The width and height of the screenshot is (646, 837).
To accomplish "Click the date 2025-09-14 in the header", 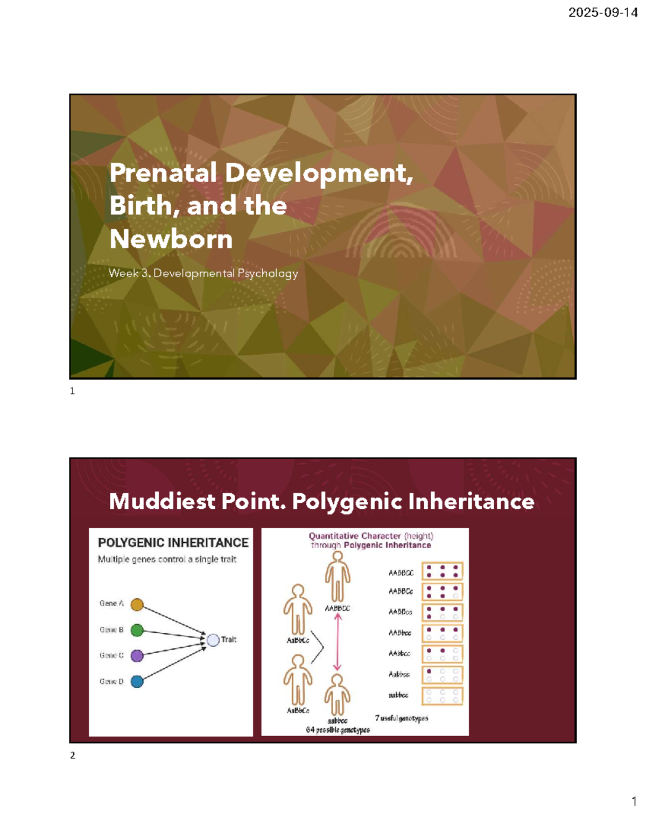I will (602, 13).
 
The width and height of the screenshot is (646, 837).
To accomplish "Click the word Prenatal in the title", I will (163, 173).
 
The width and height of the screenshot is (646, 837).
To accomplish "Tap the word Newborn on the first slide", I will (171, 239).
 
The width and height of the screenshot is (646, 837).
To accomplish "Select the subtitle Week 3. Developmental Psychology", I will (203, 273).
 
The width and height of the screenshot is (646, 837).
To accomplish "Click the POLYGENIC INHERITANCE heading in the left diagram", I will (173, 543).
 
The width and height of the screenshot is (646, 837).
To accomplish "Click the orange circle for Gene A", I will (137, 605).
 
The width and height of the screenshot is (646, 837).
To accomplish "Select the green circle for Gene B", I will (137, 630).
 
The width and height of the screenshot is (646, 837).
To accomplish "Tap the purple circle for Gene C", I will (137, 656).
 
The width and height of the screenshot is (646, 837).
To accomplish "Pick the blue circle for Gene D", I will (137, 682).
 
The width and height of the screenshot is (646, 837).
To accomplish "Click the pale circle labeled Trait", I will (213, 640).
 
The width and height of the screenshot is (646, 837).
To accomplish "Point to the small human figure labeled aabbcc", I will (338, 695).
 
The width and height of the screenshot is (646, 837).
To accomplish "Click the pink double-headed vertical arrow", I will (338, 642).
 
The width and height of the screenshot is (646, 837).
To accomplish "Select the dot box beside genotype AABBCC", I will (442, 571).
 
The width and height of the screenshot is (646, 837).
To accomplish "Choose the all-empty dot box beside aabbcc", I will (442, 696).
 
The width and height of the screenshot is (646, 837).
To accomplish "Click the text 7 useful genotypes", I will (402, 718).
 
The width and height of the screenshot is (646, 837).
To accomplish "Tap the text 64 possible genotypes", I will (338, 730).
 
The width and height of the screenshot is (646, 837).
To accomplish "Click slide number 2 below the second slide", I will (73, 756).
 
